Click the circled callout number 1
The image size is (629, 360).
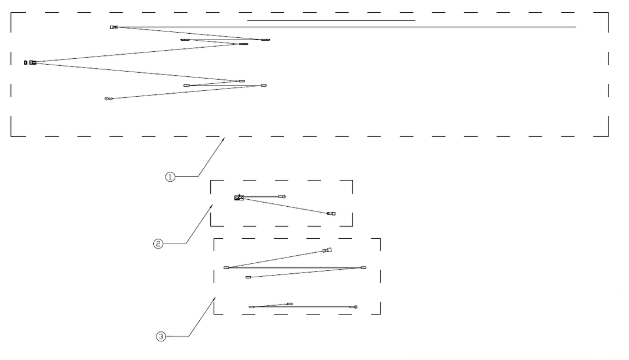pyautogui.click(x=171, y=177)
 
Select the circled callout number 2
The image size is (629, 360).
pyautogui.click(x=158, y=243)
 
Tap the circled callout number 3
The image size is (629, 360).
pyautogui.click(x=161, y=336)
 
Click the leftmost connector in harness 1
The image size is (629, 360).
pyautogui.click(x=30, y=62)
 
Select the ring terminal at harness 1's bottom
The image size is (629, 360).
pyautogui.click(x=107, y=98)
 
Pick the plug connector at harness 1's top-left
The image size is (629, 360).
pyautogui.click(x=114, y=27)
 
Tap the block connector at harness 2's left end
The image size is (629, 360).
pyautogui.click(x=239, y=197)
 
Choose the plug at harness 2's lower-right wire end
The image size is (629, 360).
pyautogui.click(x=331, y=214)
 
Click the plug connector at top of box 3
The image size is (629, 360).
pyautogui.click(x=327, y=250)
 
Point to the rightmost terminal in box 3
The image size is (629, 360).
pyautogui.click(x=363, y=267)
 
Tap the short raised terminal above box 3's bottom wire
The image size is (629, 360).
pyautogui.click(x=290, y=304)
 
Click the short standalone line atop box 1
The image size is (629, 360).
pyautogui.click(x=331, y=20)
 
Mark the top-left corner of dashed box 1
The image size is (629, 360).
pyautogui.click(x=11, y=13)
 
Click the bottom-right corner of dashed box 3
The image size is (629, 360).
pyautogui.click(x=380, y=314)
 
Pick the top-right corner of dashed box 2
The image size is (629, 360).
pyautogui.click(x=352, y=181)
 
